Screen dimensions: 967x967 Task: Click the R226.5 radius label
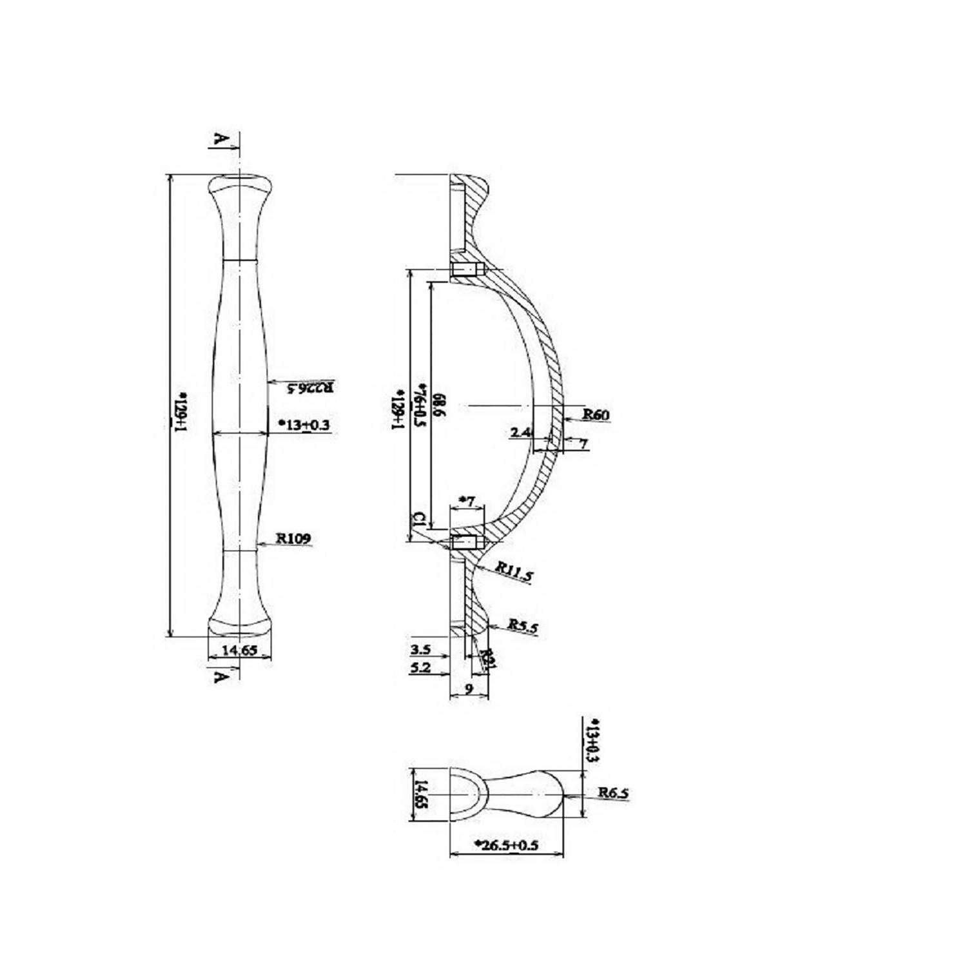pos(310,387)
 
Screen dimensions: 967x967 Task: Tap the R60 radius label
pos(596,415)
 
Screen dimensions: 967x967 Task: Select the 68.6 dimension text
pos(440,405)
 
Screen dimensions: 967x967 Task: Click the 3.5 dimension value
pos(420,649)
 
